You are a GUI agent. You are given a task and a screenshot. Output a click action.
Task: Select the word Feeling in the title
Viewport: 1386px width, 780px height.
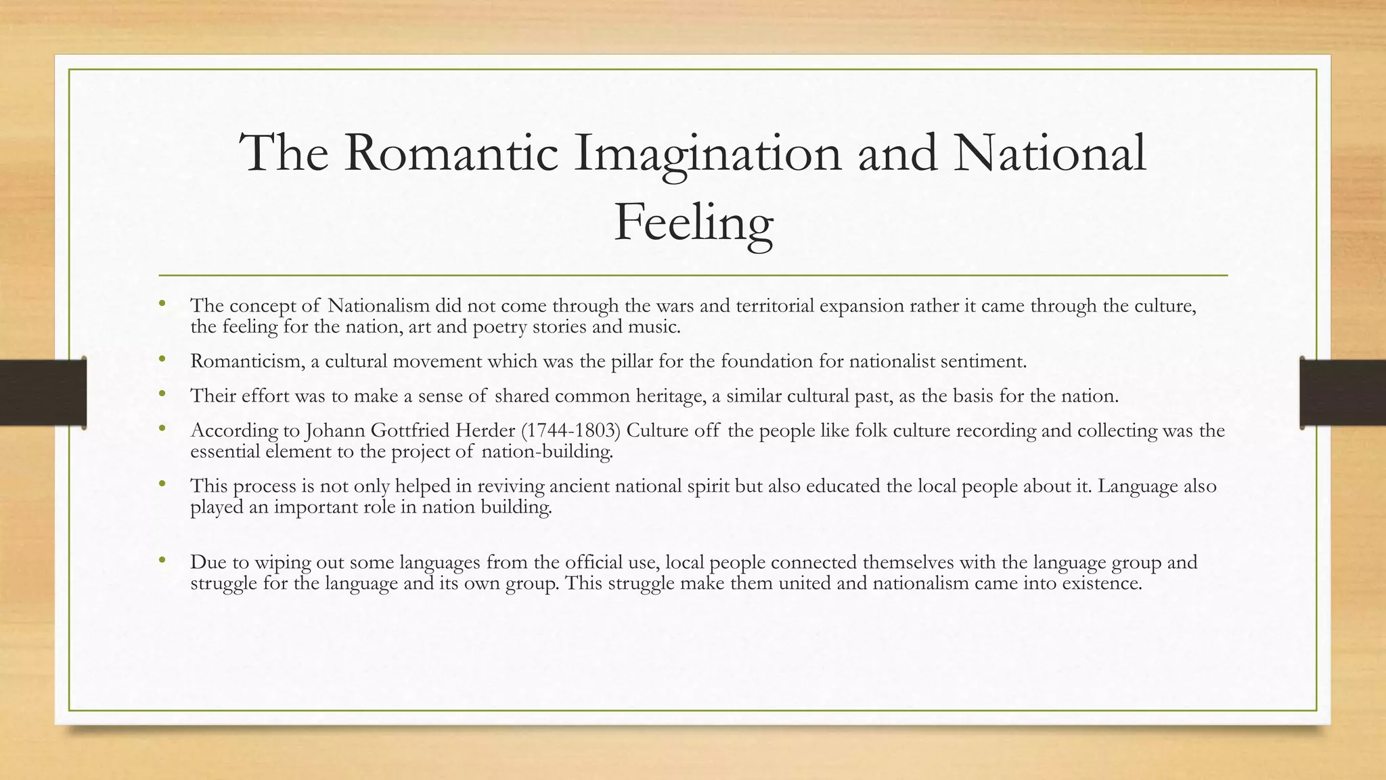pyautogui.click(x=693, y=223)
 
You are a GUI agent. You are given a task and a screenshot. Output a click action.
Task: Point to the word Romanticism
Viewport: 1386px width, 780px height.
pyautogui.click(x=247, y=362)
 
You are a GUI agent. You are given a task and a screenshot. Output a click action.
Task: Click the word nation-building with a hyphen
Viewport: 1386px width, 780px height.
pyautogui.click(x=547, y=452)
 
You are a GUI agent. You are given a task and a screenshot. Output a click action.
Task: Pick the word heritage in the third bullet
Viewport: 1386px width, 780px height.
pyautogui.click(x=667, y=396)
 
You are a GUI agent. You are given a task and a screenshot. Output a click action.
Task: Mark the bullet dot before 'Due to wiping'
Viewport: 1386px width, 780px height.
pyautogui.click(x=162, y=560)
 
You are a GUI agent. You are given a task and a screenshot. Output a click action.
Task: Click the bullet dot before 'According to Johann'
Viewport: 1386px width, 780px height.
pyautogui.click(x=162, y=429)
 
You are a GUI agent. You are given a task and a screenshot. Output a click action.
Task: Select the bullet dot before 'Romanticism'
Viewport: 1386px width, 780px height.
pyautogui.click(x=162, y=360)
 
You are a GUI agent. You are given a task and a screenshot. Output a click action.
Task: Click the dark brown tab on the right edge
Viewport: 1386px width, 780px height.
pyautogui.click(x=1343, y=393)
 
